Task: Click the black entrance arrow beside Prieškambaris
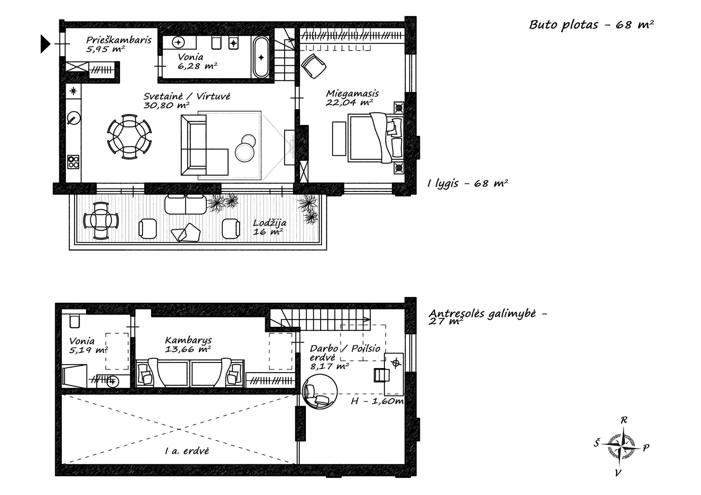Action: tap(45, 44)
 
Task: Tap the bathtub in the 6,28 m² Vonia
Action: tap(261, 57)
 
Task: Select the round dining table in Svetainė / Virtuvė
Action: tap(130, 137)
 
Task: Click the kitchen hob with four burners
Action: tap(73, 162)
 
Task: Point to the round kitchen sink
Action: tap(74, 118)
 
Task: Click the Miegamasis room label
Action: tap(352, 93)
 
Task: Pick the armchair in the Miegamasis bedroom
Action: tap(314, 66)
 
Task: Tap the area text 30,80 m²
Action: tap(166, 106)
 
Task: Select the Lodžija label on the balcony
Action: tap(270, 223)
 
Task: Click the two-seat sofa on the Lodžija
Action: tap(186, 204)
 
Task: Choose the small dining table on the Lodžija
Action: tap(101, 221)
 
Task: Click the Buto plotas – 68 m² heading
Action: tap(591, 25)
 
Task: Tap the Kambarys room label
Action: tap(188, 340)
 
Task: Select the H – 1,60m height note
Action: tap(377, 401)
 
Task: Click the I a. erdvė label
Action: tap(187, 451)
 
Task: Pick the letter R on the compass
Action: tap(624, 420)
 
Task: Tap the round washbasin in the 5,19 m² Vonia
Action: tap(113, 381)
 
